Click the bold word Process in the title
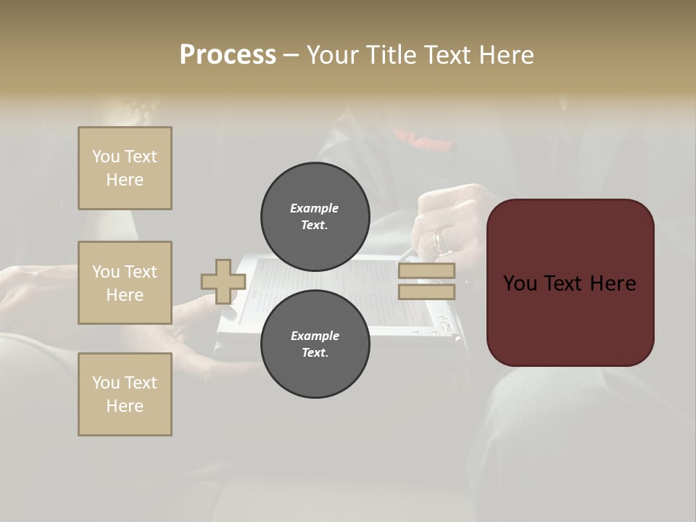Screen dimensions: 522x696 (x=228, y=55)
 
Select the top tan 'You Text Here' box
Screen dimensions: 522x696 (x=125, y=168)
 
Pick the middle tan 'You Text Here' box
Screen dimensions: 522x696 (x=125, y=283)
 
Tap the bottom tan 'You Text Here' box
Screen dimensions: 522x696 (x=125, y=394)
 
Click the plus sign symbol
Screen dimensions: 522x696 (x=223, y=282)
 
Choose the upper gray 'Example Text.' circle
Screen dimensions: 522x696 (x=315, y=216)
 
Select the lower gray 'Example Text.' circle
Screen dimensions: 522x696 (x=315, y=344)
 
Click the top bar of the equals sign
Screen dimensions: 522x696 (x=426, y=271)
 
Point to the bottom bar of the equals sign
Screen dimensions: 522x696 (x=426, y=291)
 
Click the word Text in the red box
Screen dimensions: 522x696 (x=571, y=283)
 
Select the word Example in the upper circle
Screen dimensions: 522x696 (x=315, y=208)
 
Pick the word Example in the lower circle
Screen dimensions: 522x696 (x=315, y=336)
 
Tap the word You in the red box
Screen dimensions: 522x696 (x=519, y=283)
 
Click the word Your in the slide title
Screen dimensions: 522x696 (x=335, y=55)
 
